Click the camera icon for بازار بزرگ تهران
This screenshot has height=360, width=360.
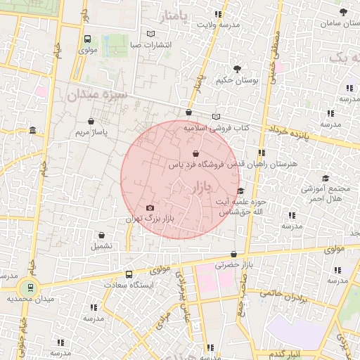150,207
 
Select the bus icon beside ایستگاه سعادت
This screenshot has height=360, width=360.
128,274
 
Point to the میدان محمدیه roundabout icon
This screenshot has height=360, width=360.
29,287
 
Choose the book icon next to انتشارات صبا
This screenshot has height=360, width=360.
150,34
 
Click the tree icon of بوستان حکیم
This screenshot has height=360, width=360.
236,69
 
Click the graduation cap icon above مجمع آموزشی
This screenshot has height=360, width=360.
325,179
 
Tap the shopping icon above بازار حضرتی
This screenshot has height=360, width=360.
233,255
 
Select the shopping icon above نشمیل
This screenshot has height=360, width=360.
101,236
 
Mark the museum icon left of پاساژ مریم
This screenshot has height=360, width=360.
33,130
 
